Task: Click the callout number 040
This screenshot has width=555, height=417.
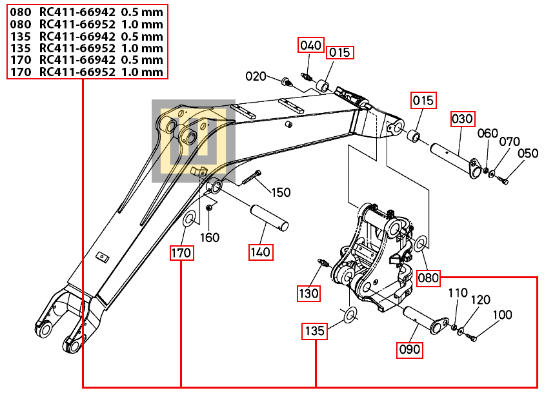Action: coord(311,45)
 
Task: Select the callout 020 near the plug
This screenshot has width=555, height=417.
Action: coord(256,76)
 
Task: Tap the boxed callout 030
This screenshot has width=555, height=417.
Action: coord(462,119)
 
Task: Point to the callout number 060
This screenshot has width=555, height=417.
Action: coord(487,133)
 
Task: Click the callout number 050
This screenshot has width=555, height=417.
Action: coord(528,153)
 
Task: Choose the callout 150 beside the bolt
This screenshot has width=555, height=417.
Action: coord(281,192)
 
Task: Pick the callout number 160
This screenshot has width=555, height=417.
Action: coord(210,237)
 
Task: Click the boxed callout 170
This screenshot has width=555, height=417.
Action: coord(181,253)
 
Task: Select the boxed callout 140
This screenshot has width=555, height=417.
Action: coord(261,252)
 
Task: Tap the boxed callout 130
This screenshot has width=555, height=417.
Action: coord(308,294)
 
